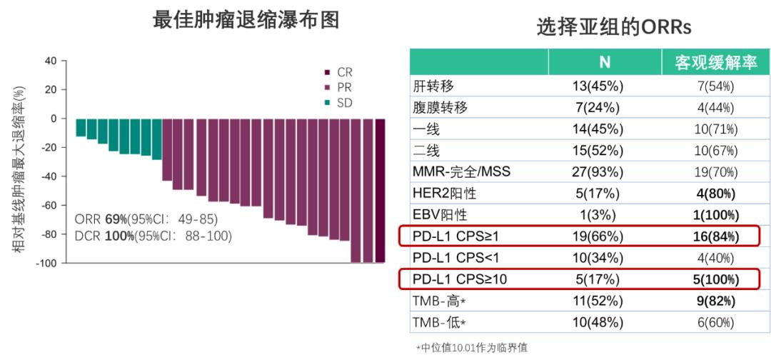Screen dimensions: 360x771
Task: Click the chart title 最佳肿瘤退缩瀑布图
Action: pyautogui.click(x=246, y=20)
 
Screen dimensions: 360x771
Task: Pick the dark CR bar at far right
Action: pyautogui.click(x=381, y=191)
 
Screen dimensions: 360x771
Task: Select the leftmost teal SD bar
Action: pyautogui.click(x=81, y=127)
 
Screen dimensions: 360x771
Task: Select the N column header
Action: pyautogui.click(x=604, y=62)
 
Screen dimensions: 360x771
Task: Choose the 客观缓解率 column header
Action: pyautogui.click(x=715, y=62)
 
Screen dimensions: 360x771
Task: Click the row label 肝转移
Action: pyautogui.click(x=433, y=86)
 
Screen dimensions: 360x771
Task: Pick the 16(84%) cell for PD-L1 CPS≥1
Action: pyautogui.click(x=715, y=236)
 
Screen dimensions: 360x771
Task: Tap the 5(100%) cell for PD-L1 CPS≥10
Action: pyautogui.click(x=715, y=279)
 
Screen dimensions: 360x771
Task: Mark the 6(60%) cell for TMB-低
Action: pyautogui.click(x=715, y=321)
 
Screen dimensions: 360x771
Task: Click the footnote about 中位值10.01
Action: pyautogui.click(x=475, y=348)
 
